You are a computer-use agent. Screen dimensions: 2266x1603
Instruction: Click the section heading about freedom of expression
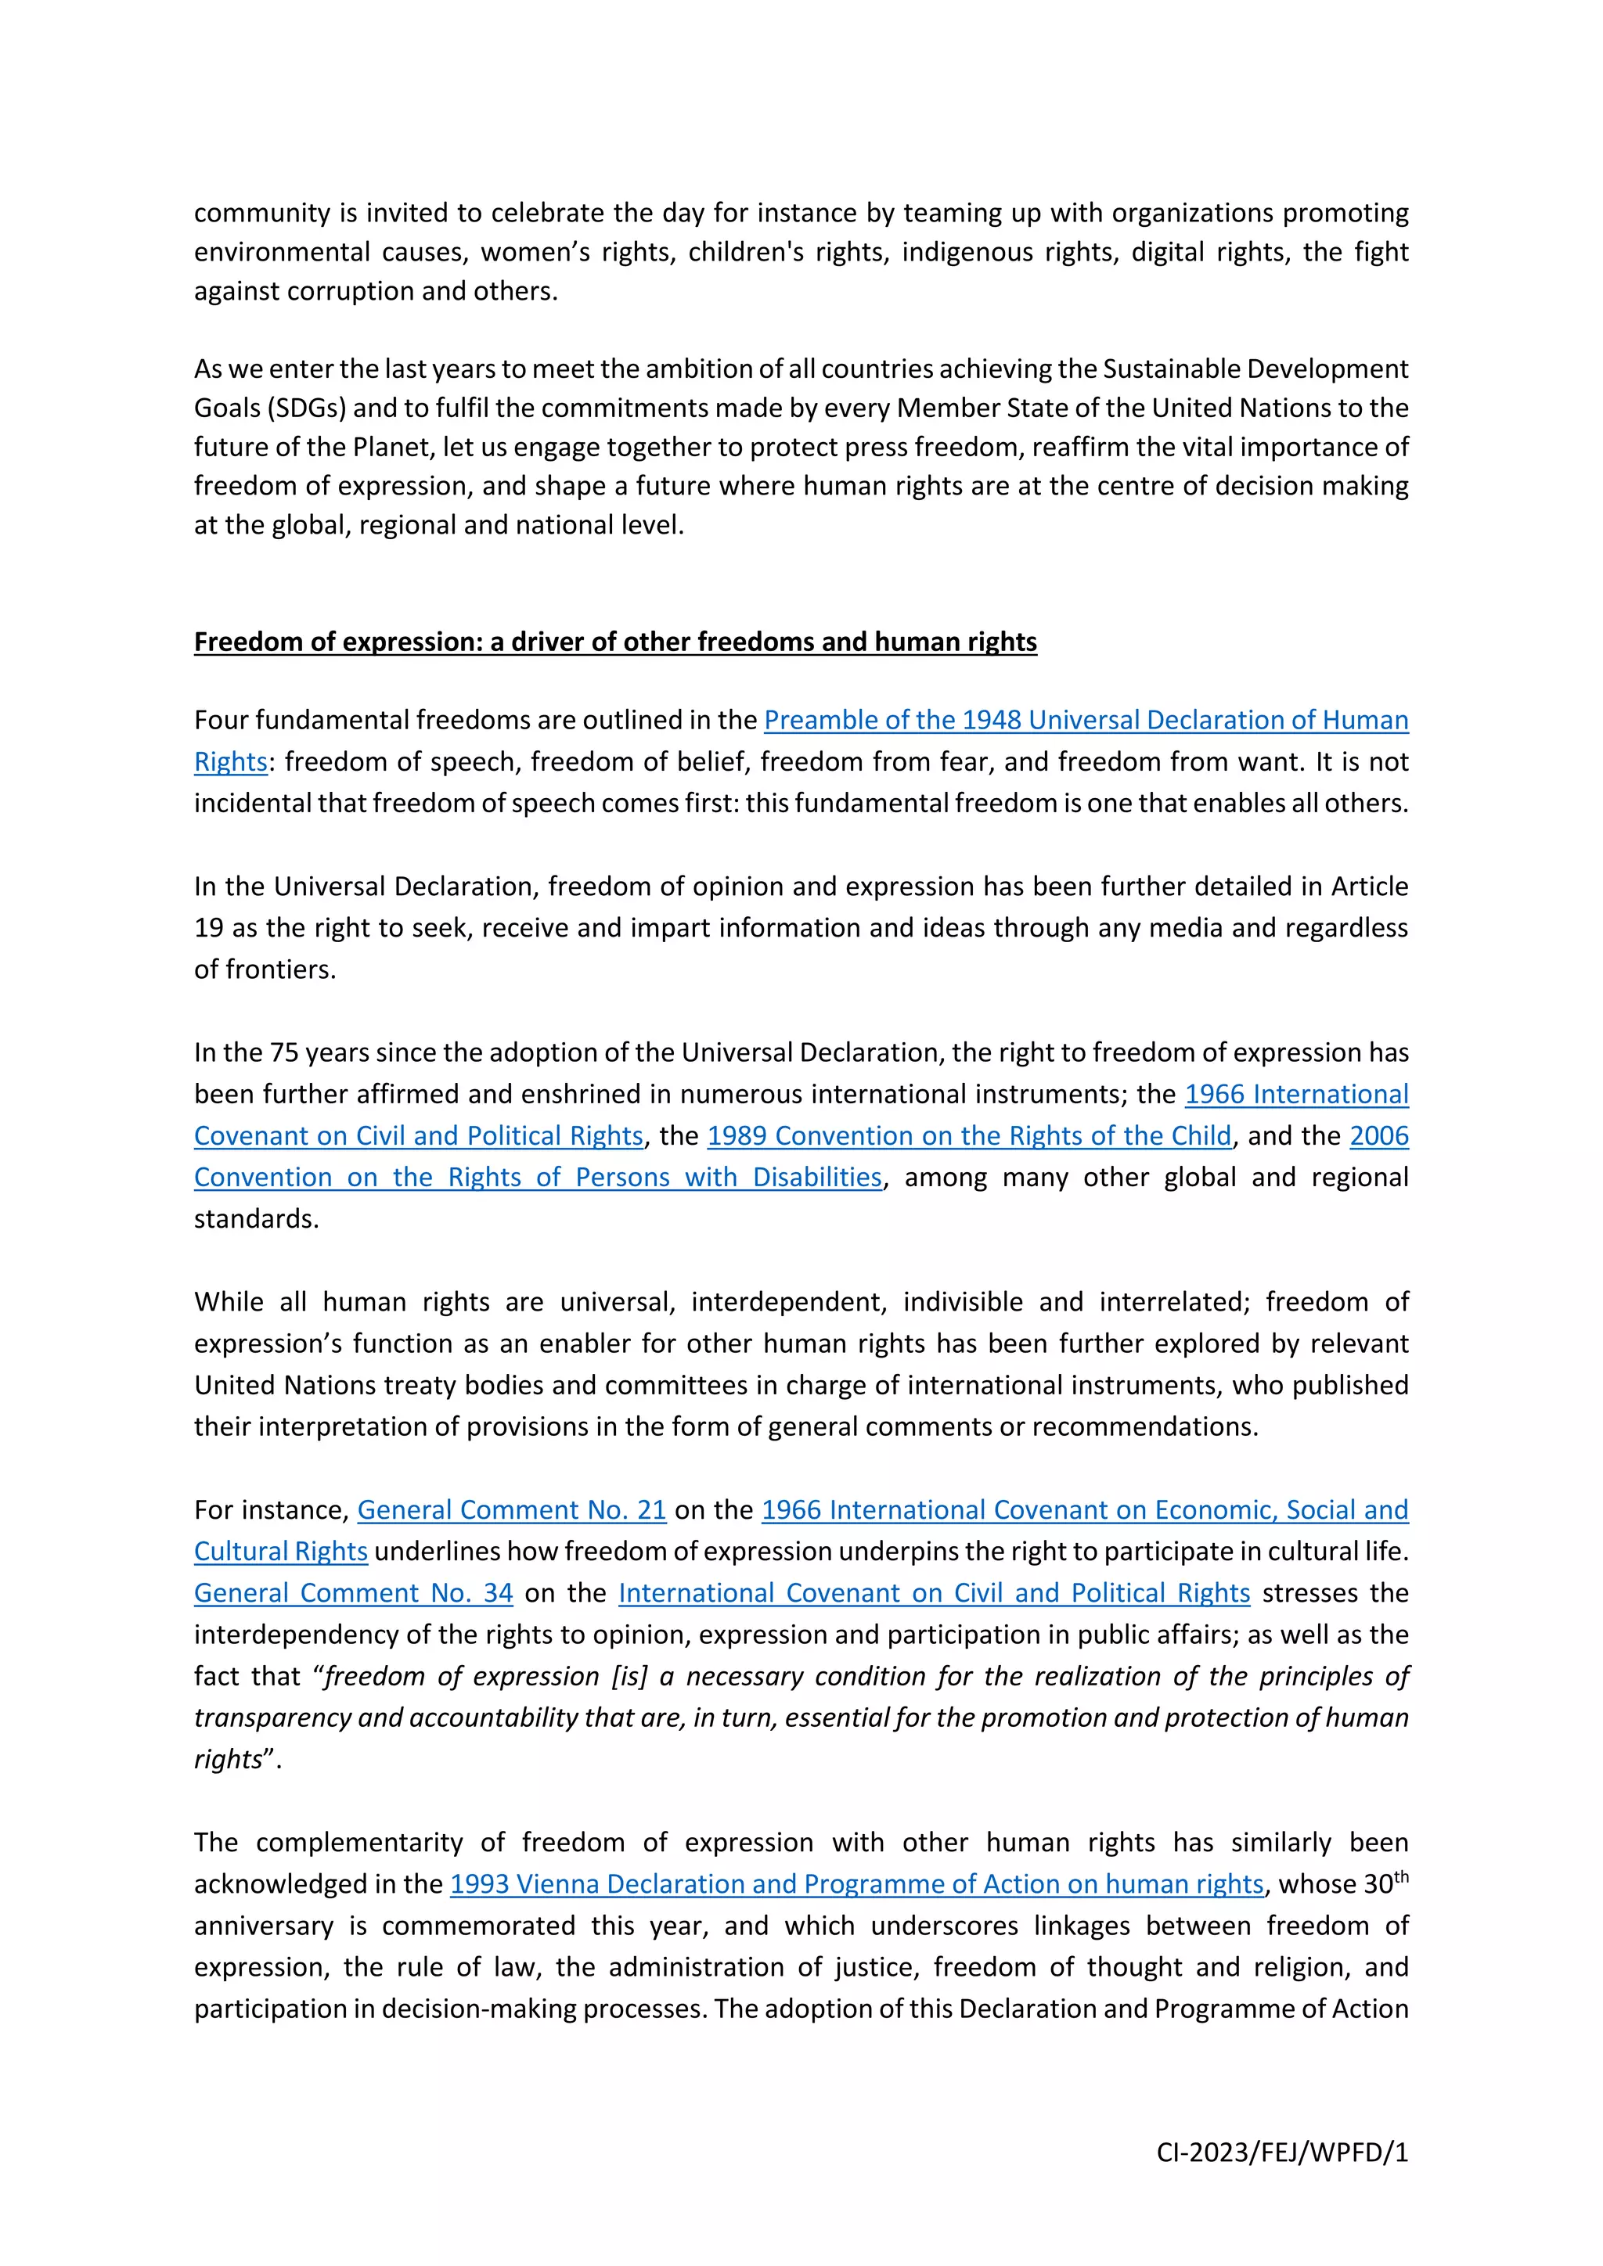coord(615,642)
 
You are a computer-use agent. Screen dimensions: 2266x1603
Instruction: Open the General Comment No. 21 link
coord(511,1510)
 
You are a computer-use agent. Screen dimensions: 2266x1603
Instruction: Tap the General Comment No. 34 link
coord(353,1593)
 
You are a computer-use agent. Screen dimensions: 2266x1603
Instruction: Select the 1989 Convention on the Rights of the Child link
coord(969,1136)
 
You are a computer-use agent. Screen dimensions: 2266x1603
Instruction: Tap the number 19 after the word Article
coord(208,929)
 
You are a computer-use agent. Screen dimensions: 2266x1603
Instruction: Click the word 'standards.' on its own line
coord(257,1219)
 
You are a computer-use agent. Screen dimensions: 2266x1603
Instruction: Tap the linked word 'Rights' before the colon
coord(231,763)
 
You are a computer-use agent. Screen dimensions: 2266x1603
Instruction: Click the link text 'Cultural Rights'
coord(280,1552)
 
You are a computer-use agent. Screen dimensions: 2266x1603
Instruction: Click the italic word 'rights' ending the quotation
coord(228,1760)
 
